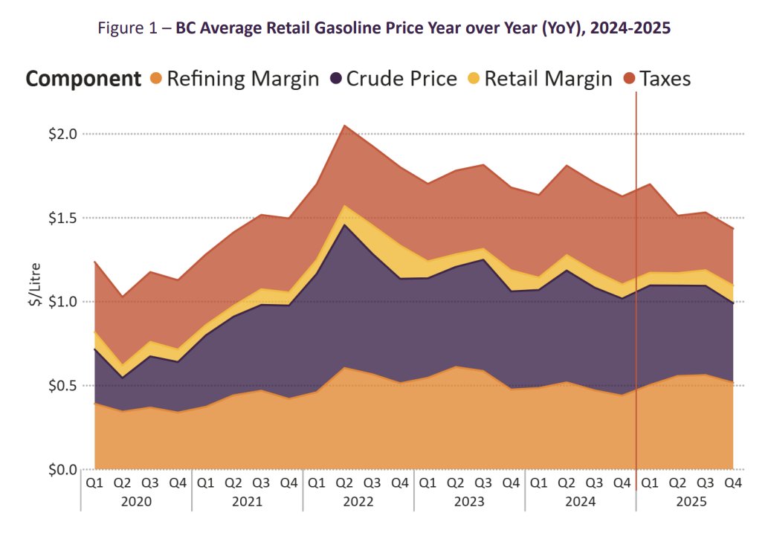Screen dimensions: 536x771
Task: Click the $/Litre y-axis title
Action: [x=34, y=289]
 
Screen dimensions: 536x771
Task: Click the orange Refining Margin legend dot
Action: [x=156, y=79]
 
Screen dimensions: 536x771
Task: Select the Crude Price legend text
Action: [x=401, y=79]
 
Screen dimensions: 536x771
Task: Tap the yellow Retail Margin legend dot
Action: [x=474, y=79]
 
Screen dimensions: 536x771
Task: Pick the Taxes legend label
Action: [x=667, y=79]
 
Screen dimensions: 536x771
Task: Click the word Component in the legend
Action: [x=83, y=79]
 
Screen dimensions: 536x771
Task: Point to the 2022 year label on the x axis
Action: [x=358, y=501]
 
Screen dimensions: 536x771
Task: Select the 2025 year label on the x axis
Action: [x=692, y=501]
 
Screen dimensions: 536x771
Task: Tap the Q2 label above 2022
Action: [x=344, y=482]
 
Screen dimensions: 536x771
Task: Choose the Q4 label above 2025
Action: [x=733, y=482]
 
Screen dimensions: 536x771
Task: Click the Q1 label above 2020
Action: [x=94, y=482]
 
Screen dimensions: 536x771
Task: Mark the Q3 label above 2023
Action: [x=483, y=482]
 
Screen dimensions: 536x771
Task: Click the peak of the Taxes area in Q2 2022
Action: [x=344, y=126]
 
